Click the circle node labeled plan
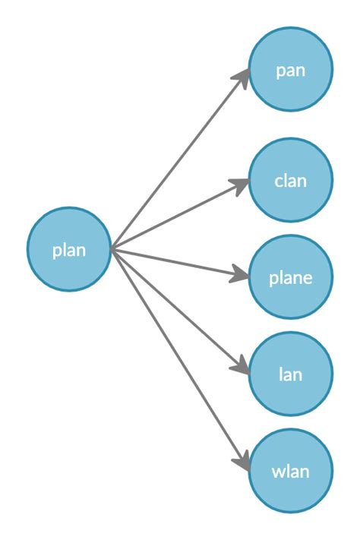point(69,249)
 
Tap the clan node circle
point(290,181)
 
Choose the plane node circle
point(290,277)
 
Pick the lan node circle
point(290,374)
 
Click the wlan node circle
point(290,471)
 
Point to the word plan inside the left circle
point(69,251)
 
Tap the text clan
point(290,181)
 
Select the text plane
point(290,278)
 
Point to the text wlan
point(290,472)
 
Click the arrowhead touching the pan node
point(243,77)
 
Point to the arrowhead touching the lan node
point(240,368)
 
